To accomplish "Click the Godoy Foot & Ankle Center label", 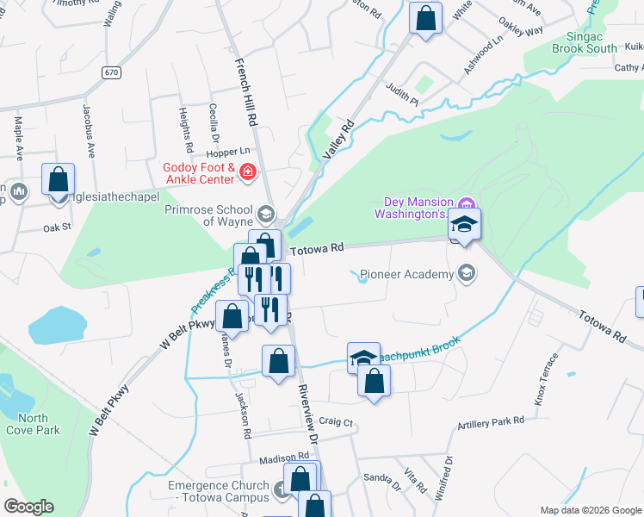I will [199, 172].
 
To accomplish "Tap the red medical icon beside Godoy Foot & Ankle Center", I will [248, 172].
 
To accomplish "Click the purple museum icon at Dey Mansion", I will [467, 203].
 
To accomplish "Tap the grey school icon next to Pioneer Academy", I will [467, 274].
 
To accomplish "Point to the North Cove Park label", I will [33, 424].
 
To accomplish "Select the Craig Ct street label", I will [336, 422].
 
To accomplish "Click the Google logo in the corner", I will [28, 507].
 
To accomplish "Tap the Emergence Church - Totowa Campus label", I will [219, 493].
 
